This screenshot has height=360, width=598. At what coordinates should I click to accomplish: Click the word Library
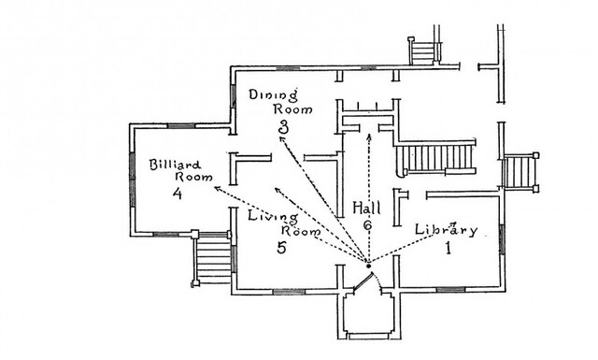click(446, 229)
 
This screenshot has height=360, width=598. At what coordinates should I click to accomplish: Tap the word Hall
click(366, 209)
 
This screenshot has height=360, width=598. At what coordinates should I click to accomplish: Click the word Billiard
click(175, 165)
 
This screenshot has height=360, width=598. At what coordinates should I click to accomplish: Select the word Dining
click(273, 95)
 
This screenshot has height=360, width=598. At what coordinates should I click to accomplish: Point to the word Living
click(273, 217)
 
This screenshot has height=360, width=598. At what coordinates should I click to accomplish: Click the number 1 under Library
click(448, 248)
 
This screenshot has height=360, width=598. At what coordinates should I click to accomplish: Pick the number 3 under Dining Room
click(283, 127)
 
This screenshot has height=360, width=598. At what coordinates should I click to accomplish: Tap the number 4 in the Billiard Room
click(178, 194)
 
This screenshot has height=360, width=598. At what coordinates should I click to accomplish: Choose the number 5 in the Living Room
click(281, 248)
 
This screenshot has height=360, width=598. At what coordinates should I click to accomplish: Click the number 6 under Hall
click(367, 225)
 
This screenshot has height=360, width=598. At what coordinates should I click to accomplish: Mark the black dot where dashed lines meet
click(368, 266)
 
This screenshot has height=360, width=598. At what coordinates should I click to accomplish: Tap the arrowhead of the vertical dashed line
click(369, 137)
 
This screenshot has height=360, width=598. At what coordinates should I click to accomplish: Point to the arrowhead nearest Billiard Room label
click(218, 188)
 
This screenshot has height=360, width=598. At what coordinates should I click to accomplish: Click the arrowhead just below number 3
click(282, 140)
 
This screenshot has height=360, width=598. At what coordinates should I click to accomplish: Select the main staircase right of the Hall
click(436, 158)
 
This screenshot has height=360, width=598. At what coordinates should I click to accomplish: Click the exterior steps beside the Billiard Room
click(213, 258)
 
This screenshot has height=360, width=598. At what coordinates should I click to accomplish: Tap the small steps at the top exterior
click(423, 51)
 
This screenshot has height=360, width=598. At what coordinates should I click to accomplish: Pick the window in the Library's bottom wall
click(450, 289)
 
